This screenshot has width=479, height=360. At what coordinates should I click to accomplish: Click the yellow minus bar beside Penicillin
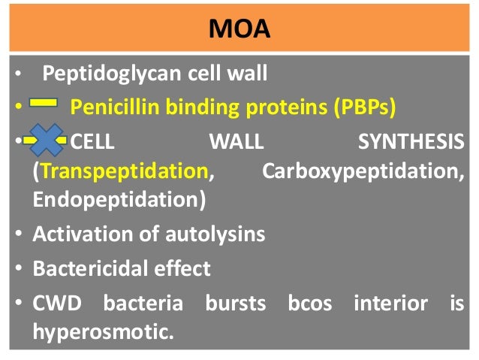(x=43, y=106)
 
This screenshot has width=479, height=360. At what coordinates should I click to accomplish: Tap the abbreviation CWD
(x=53, y=304)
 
